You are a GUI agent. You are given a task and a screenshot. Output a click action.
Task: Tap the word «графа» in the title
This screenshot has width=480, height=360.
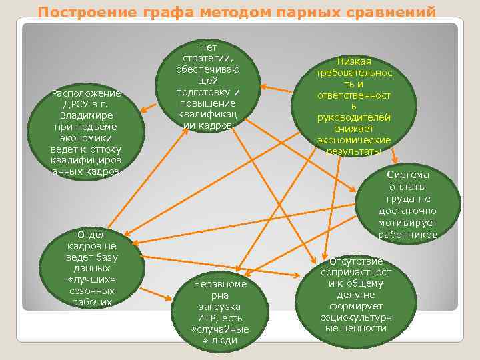coord(155,12)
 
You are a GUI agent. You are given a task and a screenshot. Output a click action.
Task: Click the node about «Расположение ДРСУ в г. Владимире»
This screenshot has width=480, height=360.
coord(85,132)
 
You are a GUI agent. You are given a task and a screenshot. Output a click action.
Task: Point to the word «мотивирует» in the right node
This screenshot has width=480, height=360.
coord(407,223)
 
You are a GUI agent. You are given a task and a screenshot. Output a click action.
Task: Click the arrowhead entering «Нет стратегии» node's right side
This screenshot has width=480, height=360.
coord(264,86)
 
